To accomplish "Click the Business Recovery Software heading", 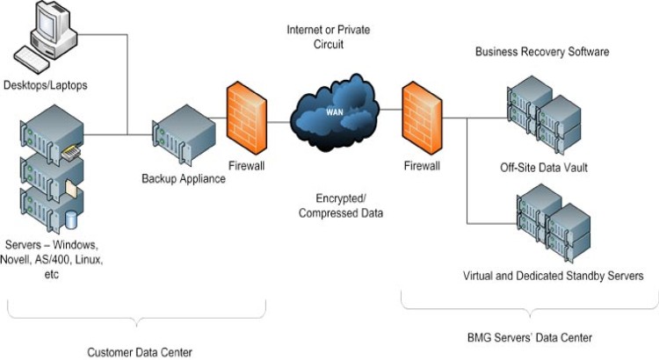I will (x=542, y=52).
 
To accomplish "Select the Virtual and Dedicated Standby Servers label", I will (x=554, y=276).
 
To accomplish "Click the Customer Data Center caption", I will (x=140, y=352).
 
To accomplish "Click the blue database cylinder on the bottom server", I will (x=71, y=219).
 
